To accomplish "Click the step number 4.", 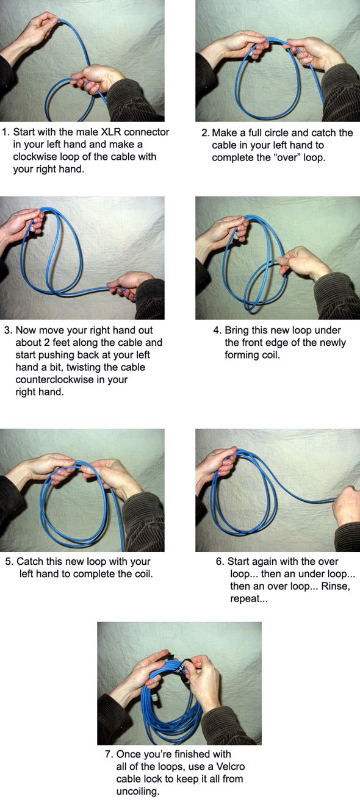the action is [217, 330].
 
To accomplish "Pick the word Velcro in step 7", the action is [231, 766].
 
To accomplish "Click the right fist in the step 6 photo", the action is [346, 506].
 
